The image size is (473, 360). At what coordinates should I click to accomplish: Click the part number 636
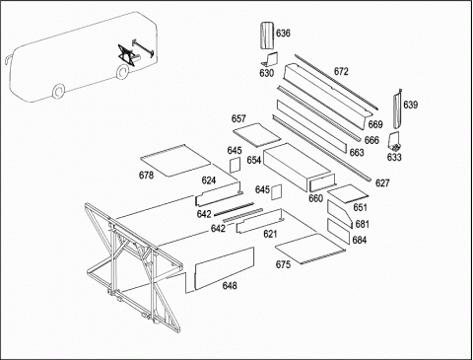click(283, 34)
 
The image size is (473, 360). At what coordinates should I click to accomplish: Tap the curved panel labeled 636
click(267, 36)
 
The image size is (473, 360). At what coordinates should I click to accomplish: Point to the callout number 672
click(341, 71)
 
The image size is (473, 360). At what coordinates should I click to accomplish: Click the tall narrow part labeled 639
click(397, 109)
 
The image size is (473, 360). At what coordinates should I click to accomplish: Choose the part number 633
click(394, 157)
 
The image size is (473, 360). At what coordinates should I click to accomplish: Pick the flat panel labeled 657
click(257, 135)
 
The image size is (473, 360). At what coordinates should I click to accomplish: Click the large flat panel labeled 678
click(175, 161)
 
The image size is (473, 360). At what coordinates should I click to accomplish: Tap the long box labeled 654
click(297, 167)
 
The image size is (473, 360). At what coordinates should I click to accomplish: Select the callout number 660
click(315, 198)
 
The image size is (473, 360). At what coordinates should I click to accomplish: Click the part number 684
click(360, 240)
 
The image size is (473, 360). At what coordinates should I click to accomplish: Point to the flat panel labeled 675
click(310, 249)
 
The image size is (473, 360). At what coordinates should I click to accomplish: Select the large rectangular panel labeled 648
click(225, 268)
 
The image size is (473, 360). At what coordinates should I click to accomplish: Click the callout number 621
click(270, 234)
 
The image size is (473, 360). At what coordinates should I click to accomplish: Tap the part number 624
click(209, 180)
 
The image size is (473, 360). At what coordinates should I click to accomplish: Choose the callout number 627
click(382, 183)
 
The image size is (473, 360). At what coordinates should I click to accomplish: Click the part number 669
click(375, 124)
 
